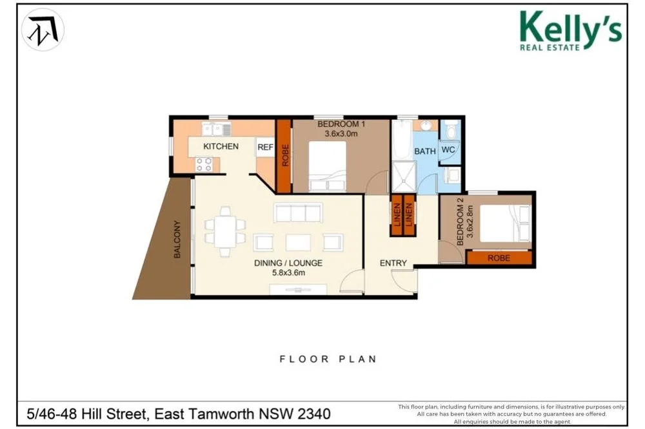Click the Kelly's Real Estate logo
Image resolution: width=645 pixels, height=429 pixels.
click(x=570, y=30)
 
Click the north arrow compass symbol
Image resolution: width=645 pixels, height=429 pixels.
click(x=43, y=30)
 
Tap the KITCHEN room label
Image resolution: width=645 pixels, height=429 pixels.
click(x=221, y=146)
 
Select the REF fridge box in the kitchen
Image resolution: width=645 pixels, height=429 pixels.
click(x=265, y=147)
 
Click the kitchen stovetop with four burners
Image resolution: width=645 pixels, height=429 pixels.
click(x=204, y=164)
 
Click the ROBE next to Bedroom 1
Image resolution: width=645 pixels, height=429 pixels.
click(x=283, y=156)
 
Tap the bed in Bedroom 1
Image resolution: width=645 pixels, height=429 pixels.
click(x=327, y=166)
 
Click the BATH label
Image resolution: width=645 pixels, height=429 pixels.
click(x=424, y=151)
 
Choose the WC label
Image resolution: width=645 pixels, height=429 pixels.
click(x=448, y=150)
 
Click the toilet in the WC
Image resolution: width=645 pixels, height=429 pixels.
click(x=451, y=131)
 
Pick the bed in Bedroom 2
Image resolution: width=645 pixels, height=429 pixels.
click(x=505, y=223)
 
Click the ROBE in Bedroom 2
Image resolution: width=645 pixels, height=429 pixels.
click(x=499, y=258)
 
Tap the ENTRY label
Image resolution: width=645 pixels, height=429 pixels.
click(x=393, y=263)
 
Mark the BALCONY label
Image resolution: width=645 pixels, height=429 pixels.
click(x=177, y=240)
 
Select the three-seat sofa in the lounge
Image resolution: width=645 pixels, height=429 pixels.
click(x=298, y=213)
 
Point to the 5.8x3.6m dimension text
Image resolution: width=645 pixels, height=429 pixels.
click(x=287, y=272)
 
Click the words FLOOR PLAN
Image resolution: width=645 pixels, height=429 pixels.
click(x=327, y=359)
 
